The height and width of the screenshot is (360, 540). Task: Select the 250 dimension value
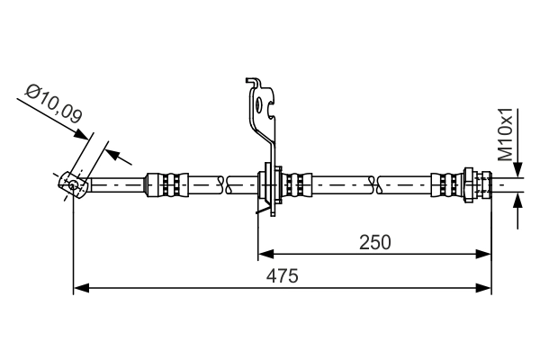click(376, 241)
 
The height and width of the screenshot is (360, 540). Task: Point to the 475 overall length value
click(283, 275)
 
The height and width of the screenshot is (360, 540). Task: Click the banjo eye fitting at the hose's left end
click(71, 184)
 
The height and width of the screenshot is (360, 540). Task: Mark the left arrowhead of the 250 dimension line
click(265, 254)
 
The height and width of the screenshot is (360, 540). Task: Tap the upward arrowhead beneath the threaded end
click(518, 200)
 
